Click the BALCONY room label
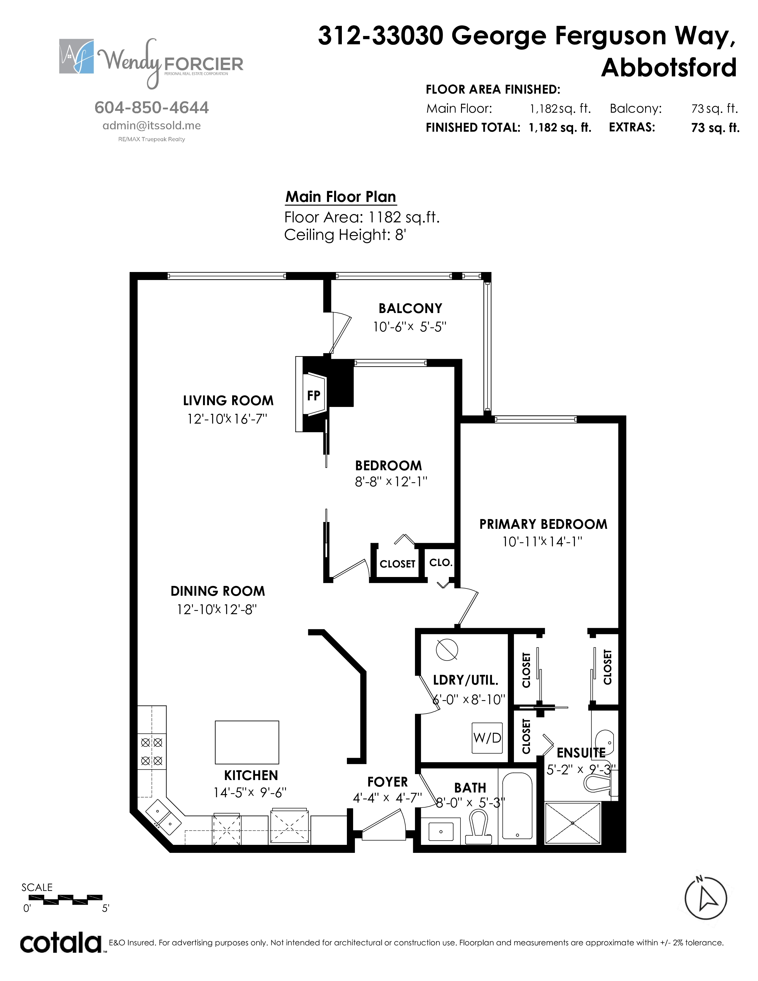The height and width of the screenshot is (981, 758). (410, 308)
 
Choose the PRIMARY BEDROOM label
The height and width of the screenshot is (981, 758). (543, 524)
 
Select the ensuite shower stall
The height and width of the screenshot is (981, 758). (573, 823)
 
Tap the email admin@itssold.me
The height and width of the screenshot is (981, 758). (152, 126)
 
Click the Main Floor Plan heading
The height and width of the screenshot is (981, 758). (341, 197)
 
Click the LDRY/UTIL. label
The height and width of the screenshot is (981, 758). (466, 680)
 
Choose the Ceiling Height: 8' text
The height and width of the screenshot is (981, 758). (345, 235)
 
